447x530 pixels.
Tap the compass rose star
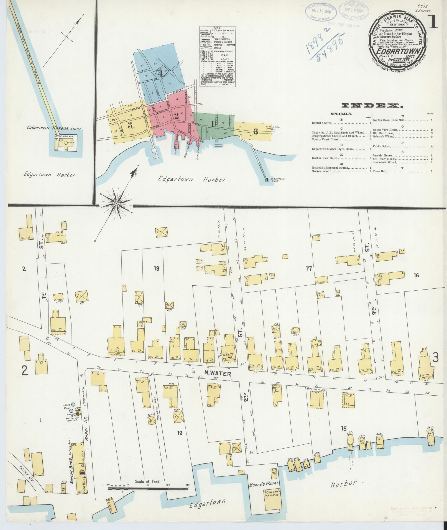pos(117,204)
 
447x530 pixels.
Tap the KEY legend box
pos(217,57)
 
